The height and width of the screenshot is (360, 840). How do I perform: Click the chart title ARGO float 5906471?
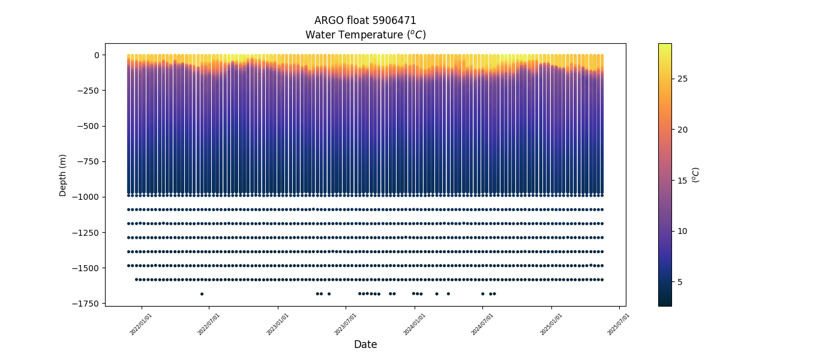coord(365,20)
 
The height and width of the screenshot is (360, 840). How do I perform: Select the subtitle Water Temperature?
coord(365,35)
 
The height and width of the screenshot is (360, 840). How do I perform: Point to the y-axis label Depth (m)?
coord(63,175)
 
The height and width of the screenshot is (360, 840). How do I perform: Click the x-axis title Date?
coord(365,344)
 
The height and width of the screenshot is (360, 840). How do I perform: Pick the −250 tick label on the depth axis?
coord(88,91)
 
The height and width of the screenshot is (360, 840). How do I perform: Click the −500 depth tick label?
coord(88,126)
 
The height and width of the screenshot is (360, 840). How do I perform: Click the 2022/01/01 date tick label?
coord(141,324)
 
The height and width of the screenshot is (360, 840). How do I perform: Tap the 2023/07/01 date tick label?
coord(346,324)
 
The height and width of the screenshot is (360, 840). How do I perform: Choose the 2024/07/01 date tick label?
coord(482,324)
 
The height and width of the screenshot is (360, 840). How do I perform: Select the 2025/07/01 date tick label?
coord(619,324)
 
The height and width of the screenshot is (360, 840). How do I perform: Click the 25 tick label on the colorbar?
coord(683,79)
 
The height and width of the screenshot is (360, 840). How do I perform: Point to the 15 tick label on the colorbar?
coord(683,181)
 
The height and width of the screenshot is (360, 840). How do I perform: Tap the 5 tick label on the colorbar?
coord(680,282)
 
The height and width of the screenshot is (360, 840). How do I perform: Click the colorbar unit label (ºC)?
coord(696,175)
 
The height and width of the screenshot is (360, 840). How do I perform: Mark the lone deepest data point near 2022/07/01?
coord(202,294)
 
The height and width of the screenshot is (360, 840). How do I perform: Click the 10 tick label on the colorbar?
coord(683,232)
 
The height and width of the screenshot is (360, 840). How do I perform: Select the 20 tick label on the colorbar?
coord(683,130)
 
